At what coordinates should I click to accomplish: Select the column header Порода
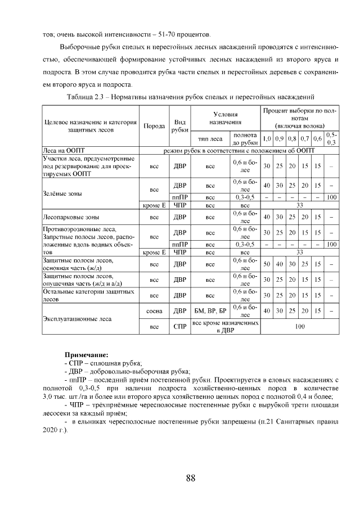(154, 126)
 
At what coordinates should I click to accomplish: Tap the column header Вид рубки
(180, 126)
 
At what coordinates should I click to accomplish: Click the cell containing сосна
(154, 310)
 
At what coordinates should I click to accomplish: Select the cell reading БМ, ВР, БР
(210, 310)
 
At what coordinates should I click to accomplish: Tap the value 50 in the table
(267, 264)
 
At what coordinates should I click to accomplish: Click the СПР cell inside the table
(180, 326)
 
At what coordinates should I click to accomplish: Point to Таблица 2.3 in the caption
(86, 97)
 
